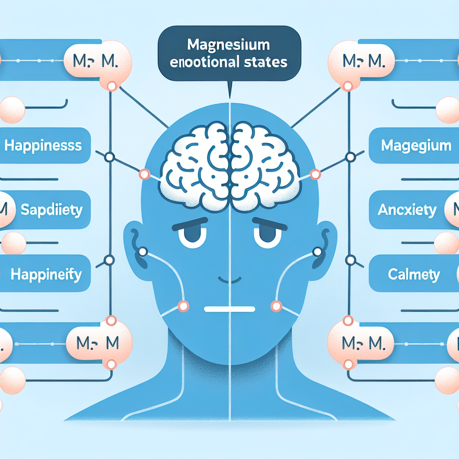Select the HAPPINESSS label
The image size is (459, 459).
(x=43, y=145)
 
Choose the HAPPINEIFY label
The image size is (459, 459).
(x=46, y=274)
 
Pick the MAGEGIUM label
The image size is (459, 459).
(x=416, y=145)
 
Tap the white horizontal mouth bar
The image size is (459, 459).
(x=229, y=309)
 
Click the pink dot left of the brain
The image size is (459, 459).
(x=144, y=173)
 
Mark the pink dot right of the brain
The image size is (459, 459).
(x=315, y=173)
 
